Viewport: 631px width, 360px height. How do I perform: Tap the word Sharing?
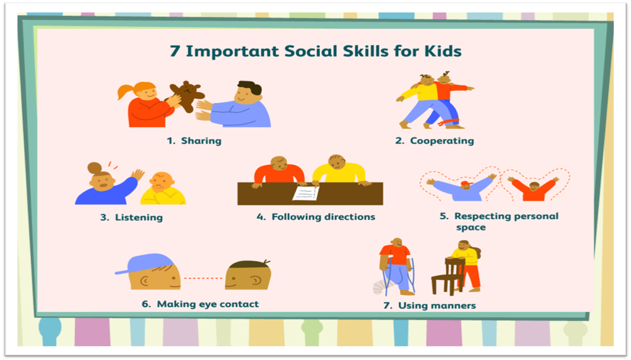click(x=201, y=141)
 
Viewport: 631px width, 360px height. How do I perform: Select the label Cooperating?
click(x=442, y=141)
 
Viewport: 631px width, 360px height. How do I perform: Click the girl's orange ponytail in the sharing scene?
click(x=125, y=91)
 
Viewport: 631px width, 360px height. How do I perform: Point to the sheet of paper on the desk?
click(x=306, y=193)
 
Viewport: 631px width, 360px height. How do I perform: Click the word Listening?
click(x=139, y=218)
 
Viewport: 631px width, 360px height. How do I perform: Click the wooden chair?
click(x=448, y=276)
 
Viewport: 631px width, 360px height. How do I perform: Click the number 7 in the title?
click(x=175, y=51)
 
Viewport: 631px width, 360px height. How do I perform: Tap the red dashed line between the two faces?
click(x=203, y=278)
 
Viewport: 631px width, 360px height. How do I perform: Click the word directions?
click(x=350, y=217)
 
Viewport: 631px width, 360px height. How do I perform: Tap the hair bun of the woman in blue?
click(x=94, y=167)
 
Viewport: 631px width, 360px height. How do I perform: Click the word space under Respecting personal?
click(x=471, y=228)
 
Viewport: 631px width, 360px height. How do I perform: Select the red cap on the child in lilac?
click(x=467, y=184)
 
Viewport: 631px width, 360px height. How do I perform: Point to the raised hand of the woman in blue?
click(x=138, y=174)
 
